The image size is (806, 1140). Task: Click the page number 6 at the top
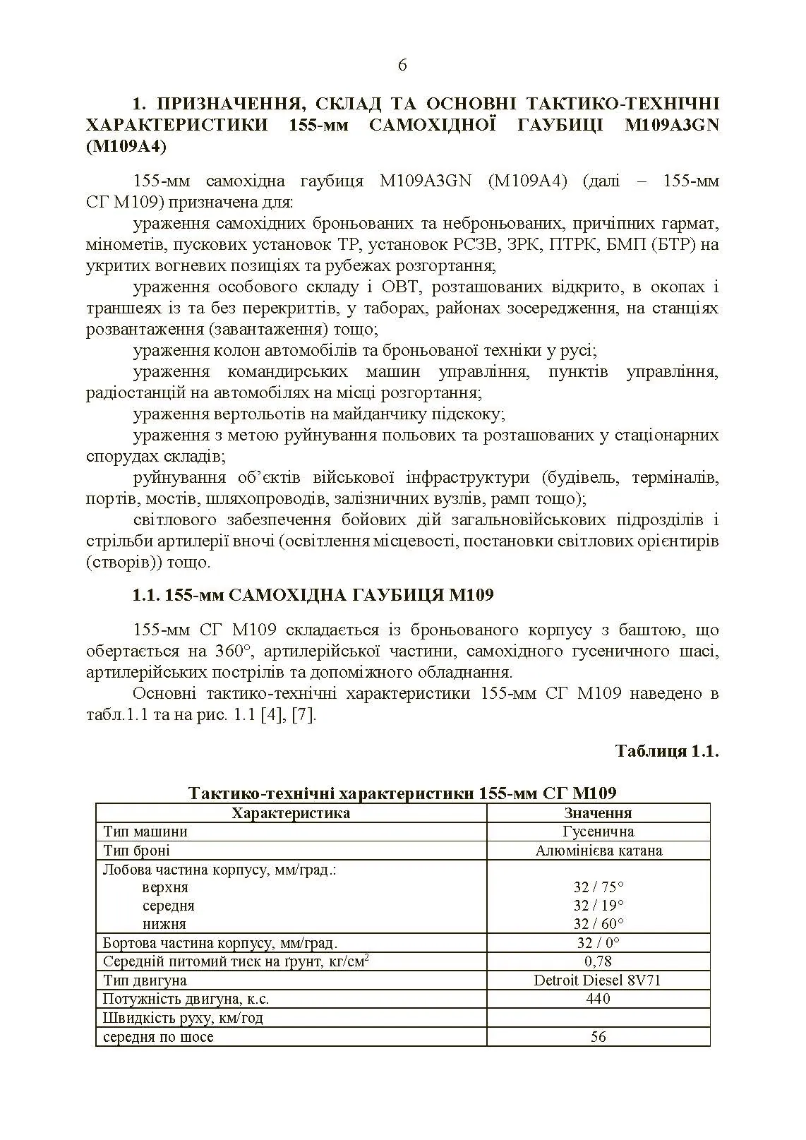coord(402,66)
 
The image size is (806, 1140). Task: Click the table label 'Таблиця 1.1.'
coord(666,750)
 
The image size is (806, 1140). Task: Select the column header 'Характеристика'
coord(291,812)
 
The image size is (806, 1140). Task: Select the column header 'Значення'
coord(598,812)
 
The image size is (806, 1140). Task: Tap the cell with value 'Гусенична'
coord(598,832)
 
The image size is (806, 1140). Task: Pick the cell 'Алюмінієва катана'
coord(598,851)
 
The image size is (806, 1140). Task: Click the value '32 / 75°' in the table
coord(598,887)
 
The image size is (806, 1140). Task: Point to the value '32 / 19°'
coord(598,906)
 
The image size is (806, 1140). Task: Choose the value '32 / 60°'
coord(598,924)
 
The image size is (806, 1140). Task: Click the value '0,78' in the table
coord(598,961)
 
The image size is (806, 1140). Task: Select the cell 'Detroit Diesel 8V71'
coord(598,980)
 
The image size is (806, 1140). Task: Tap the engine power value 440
coord(598,999)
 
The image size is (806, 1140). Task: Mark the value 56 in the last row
coord(598,1037)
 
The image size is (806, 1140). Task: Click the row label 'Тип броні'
coord(136,851)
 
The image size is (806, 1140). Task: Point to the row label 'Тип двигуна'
coord(145,980)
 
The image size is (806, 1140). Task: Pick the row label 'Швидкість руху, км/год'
coord(183,1018)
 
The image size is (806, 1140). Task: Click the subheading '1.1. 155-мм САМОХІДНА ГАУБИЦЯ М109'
coord(313,595)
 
